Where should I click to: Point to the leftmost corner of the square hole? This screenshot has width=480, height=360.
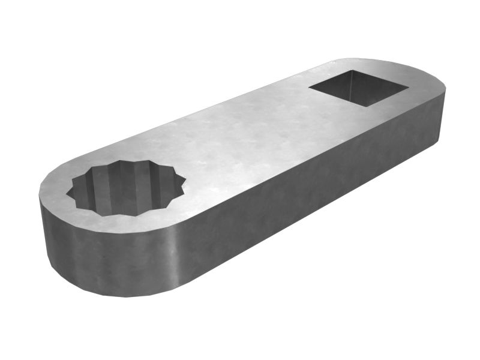pyautogui.click(x=310, y=89)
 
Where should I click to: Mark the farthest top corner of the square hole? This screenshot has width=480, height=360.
pyautogui.click(x=349, y=70)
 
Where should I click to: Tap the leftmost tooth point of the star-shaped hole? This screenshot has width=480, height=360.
pyautogui.click(x=67, y=193)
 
